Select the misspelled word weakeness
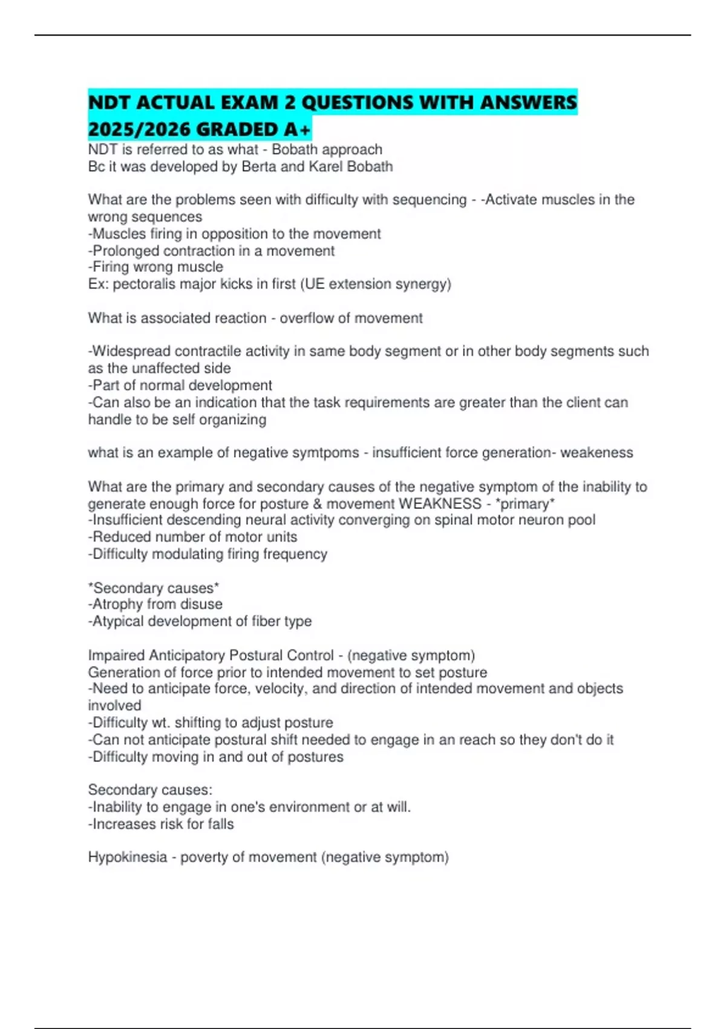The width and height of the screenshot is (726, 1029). pyautogui.click(x=597, y=453)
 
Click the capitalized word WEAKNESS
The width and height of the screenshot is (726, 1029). pyautogui.click(x=440, y=504)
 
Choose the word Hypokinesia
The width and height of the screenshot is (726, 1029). pyautogui.click(x=127, y=857)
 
